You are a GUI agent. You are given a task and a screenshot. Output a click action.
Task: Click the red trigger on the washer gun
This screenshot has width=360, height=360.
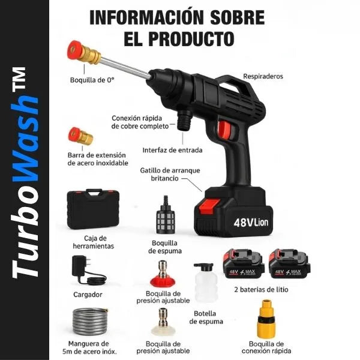(x=224, y=130)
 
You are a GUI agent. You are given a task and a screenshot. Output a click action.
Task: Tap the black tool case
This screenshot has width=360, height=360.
(x=93, y=209)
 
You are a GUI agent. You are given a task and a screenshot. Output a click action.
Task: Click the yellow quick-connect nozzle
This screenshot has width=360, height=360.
(x=266, y=319)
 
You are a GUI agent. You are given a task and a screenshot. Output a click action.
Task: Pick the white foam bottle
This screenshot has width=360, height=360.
(x=205, y=283)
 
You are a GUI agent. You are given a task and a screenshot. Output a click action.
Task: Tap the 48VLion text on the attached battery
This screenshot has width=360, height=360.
(x=251, y=222)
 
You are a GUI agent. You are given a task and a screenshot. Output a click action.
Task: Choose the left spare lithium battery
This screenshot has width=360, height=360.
(x=244, y=264)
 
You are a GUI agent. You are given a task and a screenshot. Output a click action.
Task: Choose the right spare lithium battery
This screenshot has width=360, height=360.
(x=289, y=264)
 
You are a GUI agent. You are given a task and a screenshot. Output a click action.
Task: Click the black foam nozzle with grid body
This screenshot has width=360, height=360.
(x=166, y=215)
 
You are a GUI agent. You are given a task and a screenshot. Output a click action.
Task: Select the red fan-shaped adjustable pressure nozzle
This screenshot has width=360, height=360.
(x=163, y=274)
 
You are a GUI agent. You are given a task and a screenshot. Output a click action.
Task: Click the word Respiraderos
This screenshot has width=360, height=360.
(x=263, y=76)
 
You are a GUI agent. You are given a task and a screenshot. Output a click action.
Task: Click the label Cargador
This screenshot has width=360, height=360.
(x=88, y=295)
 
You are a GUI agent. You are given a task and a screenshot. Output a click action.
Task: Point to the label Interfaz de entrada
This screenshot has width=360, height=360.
(x=172, y=150)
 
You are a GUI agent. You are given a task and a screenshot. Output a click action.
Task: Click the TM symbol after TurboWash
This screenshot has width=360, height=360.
(x=20, y=79)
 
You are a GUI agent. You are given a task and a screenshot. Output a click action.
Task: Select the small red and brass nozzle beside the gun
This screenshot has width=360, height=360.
(x=80, y=136)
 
